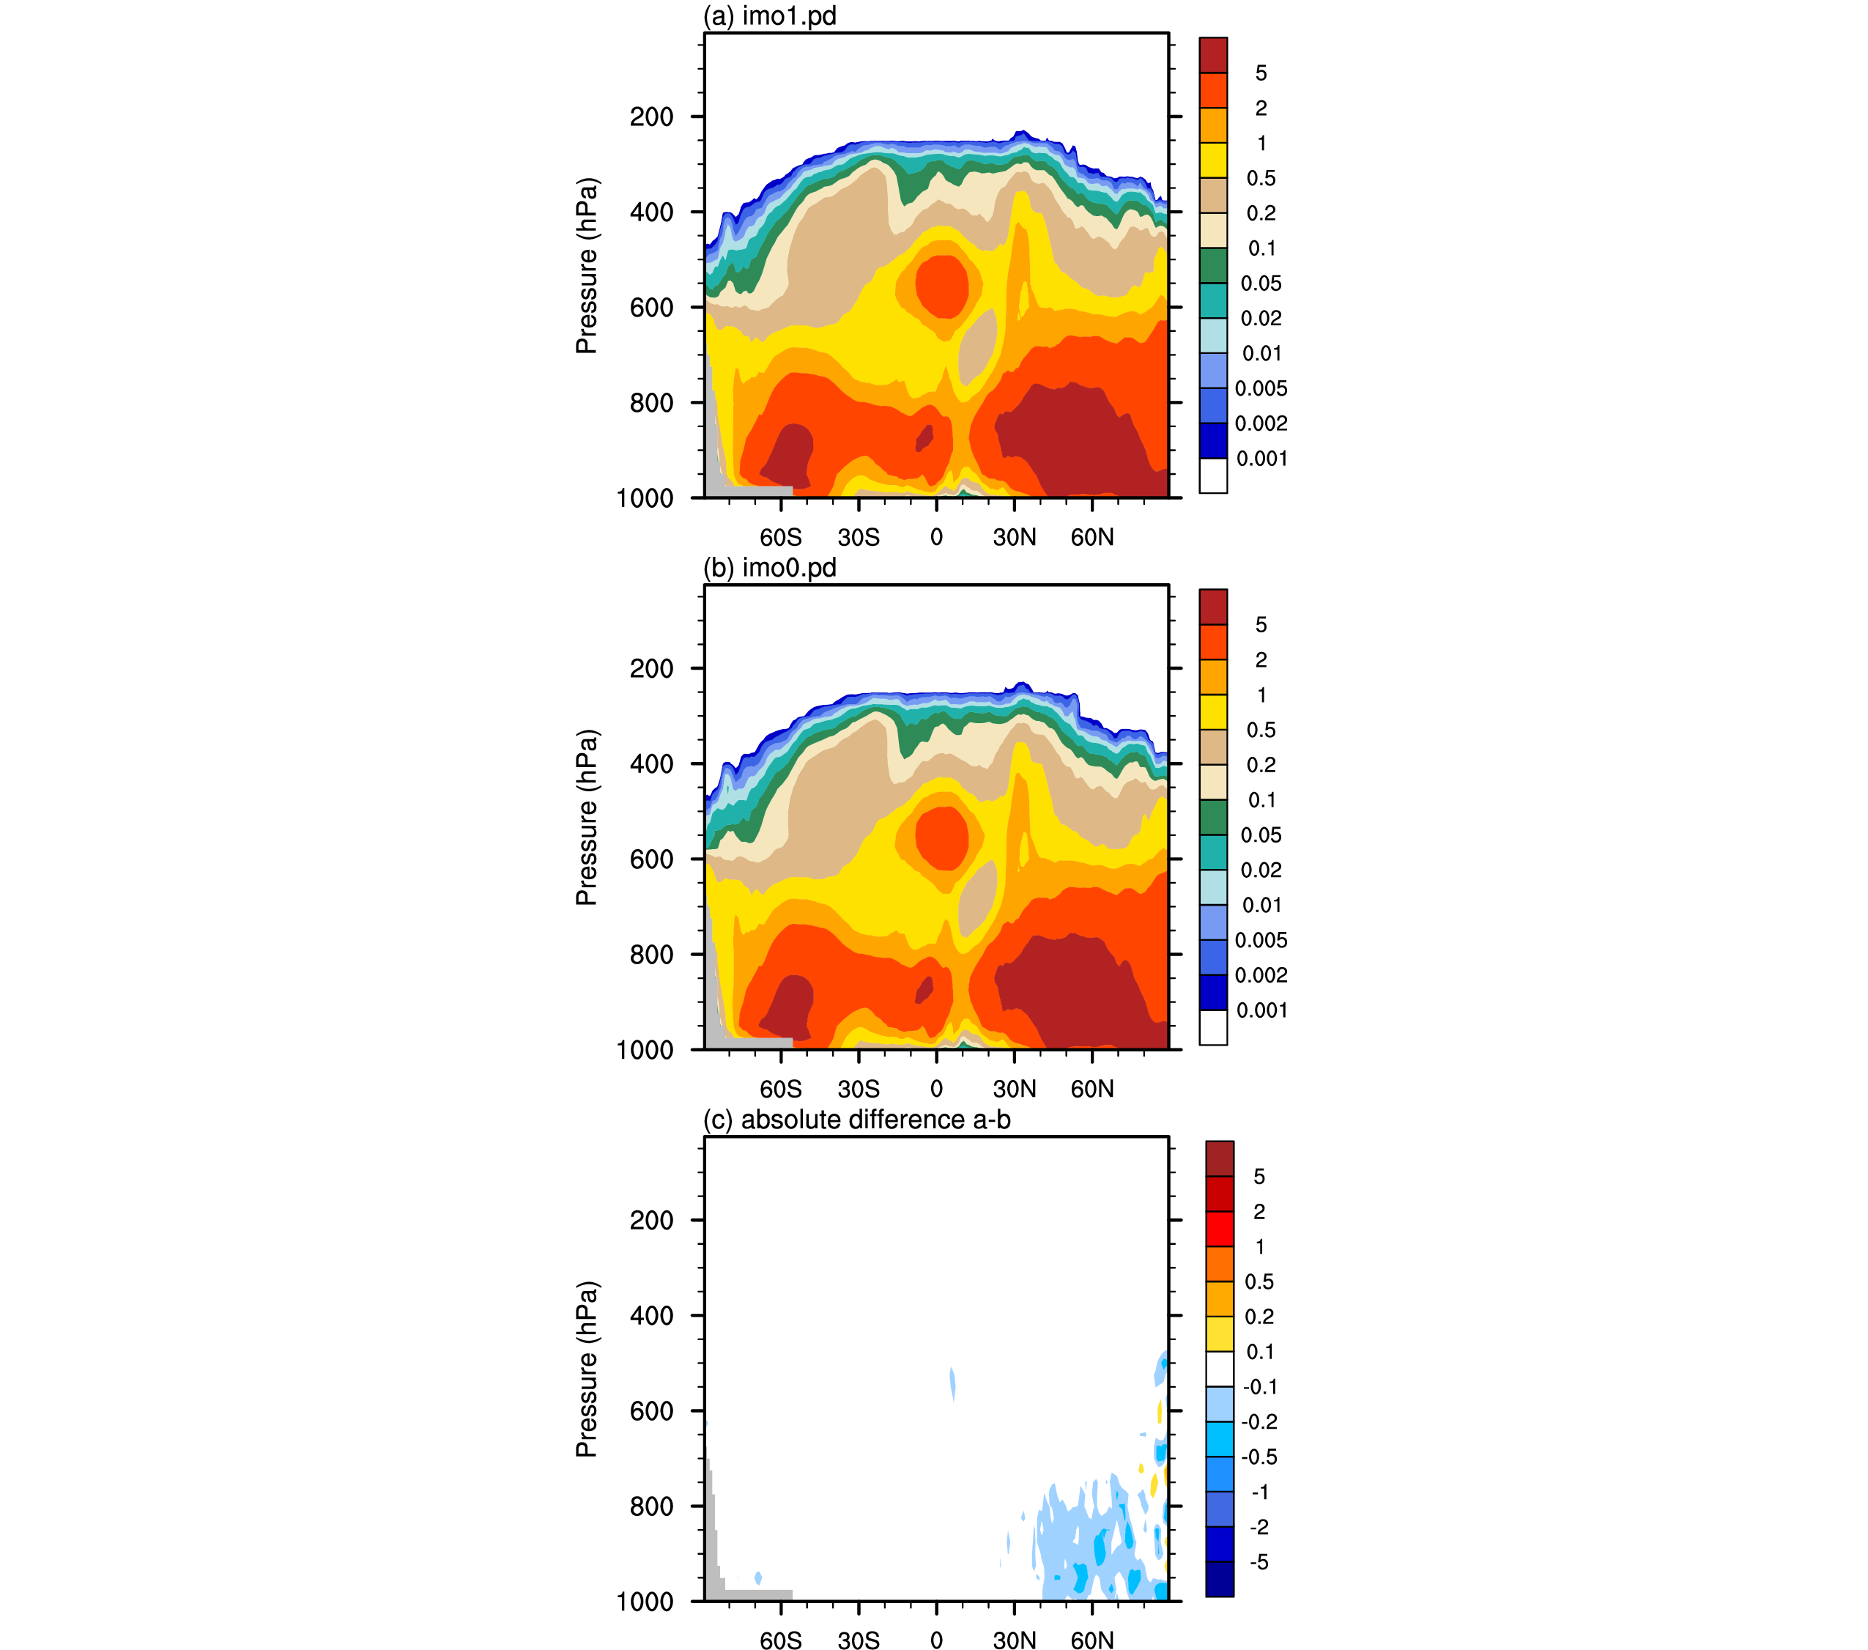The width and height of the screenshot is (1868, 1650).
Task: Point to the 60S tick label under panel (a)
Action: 780,538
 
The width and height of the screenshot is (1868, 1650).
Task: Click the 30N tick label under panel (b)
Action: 1015,1089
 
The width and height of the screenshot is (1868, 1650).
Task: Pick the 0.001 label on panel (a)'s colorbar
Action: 1261,459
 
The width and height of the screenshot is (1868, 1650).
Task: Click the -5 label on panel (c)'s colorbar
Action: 1259,1562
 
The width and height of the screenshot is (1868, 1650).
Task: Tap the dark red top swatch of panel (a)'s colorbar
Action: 1213,55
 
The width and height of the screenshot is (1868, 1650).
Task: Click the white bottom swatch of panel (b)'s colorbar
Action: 1213,1027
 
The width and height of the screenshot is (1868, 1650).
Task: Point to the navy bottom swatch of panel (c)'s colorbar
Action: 1219,1579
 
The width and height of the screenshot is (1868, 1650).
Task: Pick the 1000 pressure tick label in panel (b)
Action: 645,1051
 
